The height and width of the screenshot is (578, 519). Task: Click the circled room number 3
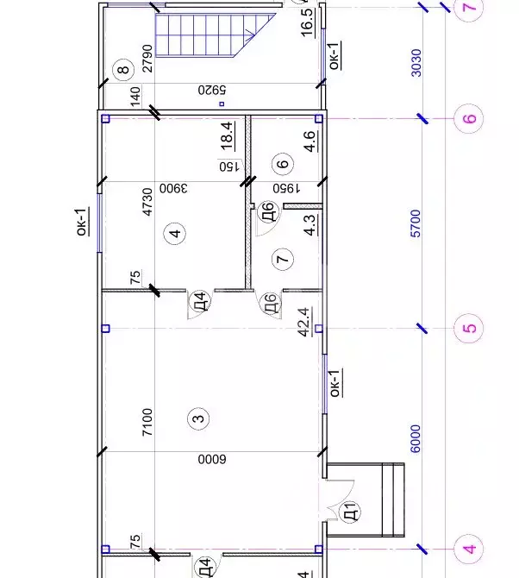pyautogui.click(x=198, y=418)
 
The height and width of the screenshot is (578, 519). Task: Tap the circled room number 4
pyautogui.click(x=175, y=233)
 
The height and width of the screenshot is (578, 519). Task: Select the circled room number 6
pyautogui.click(x=283, y=164)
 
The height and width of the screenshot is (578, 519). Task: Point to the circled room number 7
pyautogui.click(x=283, y=259)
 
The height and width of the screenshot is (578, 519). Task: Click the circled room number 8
pyautogui.click(x=124, y=69)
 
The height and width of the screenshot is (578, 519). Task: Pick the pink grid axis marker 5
pyautogui.click(x=468, y=328)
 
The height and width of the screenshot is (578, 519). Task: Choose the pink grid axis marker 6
pyautogui.click(x=468, y=119)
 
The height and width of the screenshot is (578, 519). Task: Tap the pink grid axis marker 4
pyautogui.click(x=468, y=550)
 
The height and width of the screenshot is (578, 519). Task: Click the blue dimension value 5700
pyautogui.click(x=416, y=223)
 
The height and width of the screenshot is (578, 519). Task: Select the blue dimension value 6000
pyautogui.click(x=416, y=438)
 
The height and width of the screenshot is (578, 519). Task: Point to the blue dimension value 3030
pyautogui.click(x=416, y=63)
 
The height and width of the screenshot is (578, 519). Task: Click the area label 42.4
pyautogui.click(x=305, y=322)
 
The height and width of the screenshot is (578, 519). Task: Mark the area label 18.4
pyautogui.click(x=228, y=136)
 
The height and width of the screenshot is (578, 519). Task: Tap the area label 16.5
pyautogui.click(x=308, y=22)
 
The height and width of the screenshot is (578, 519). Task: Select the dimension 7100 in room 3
pyautogui.click(x=147, y=422)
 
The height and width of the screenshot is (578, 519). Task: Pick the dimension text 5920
pyautogui.click(x=212, y=90)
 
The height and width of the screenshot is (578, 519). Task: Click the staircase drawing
pyautogui.click(x=216, y=35)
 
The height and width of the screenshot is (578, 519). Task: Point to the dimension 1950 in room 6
pyautogui.click(x=286, y=189)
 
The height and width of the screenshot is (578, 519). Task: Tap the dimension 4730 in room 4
pyautogui.click(x=147, y=202)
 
